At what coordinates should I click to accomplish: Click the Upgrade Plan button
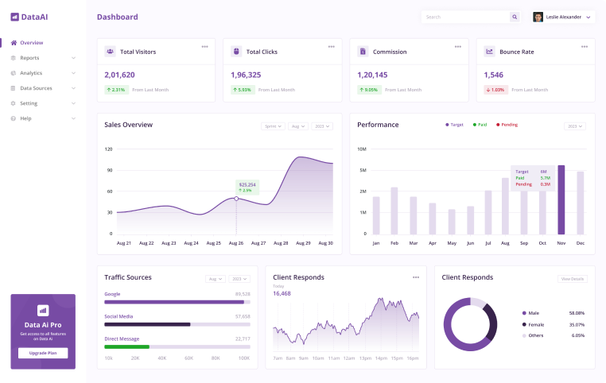point(43,353)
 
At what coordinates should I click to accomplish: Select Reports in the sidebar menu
point(29,58)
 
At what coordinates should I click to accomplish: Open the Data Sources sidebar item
point(36,88)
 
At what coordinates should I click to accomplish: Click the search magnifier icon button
point(515,17)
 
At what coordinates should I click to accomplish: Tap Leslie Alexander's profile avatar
point(538,17)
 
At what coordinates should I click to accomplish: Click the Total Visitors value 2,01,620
point(120,75)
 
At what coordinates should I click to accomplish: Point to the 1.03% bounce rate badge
point(495,90)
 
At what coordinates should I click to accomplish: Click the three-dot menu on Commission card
point(457,46)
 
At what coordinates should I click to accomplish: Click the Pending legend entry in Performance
point(507,125)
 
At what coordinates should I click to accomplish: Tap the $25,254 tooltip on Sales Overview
point(247,187)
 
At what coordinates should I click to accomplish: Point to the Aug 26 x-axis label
point(235,242)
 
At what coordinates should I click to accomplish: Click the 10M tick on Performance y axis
point(361,149)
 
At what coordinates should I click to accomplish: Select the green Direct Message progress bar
point(126,346)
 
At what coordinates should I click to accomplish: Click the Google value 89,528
point(243,293)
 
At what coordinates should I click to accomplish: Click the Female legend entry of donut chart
point(534,324)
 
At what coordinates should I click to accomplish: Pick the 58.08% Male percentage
point(577,313)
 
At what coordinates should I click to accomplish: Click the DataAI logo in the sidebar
point(29,17)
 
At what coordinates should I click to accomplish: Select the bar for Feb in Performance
point(394,211)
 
